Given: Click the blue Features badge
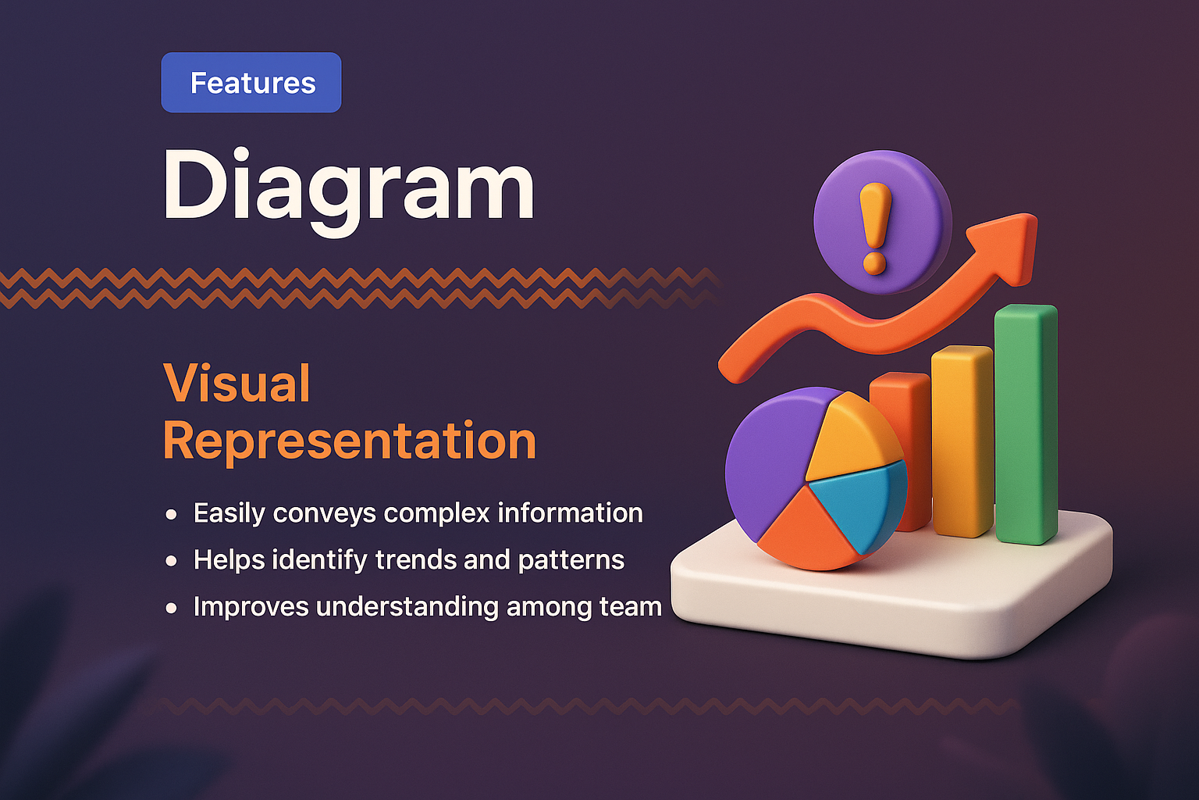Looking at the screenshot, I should click(x=251, y=83).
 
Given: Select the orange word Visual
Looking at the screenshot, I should click(x=237, y=384).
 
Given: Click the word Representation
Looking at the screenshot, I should click(x=350, y=441).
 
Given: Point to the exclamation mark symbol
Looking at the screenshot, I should click(x=875, y=227).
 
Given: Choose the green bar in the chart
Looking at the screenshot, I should click(x=1026, y=422).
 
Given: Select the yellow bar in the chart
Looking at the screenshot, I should click(x=962, y=441).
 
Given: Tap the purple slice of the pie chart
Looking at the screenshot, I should click(x=769, y=461).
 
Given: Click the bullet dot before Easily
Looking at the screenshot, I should click(x=172, y=515).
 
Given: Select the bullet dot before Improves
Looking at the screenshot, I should click(x=172, y=609).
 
